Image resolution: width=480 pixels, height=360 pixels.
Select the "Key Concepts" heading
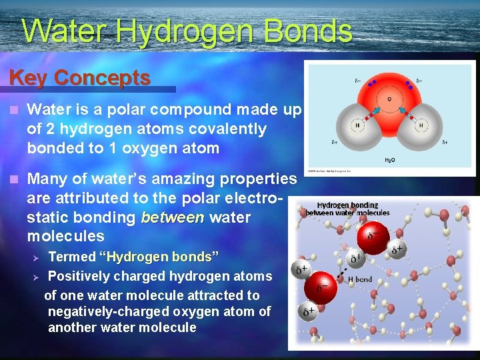79,77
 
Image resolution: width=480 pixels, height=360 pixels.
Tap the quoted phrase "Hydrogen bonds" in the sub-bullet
159,257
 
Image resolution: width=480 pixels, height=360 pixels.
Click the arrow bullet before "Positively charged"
37,277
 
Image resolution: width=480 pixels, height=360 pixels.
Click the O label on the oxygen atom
389,99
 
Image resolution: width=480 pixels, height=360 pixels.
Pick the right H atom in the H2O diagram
421,125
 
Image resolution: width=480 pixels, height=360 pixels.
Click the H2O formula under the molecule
389,161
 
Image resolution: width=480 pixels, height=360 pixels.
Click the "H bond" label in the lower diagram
360,279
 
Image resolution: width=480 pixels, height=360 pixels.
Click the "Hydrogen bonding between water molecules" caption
347,209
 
